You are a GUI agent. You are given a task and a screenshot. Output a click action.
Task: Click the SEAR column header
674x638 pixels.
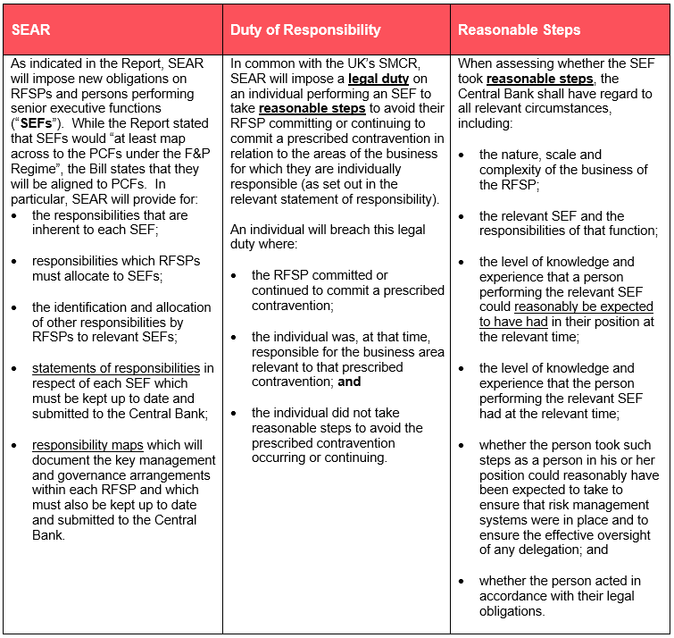pos(31,29)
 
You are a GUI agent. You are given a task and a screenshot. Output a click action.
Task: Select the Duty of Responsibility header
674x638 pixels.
pos(305,29)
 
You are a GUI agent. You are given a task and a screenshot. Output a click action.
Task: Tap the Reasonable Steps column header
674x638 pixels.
pos(519,29)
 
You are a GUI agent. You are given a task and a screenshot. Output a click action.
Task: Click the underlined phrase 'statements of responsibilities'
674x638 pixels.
pos(116,368)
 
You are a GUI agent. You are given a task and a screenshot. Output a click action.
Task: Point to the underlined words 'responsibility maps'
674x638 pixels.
pos(89,444)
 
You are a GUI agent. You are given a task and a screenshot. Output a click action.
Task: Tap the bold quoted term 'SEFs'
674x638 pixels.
pos(35,124)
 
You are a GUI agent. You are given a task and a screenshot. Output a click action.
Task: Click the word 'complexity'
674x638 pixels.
pos(512,170)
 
